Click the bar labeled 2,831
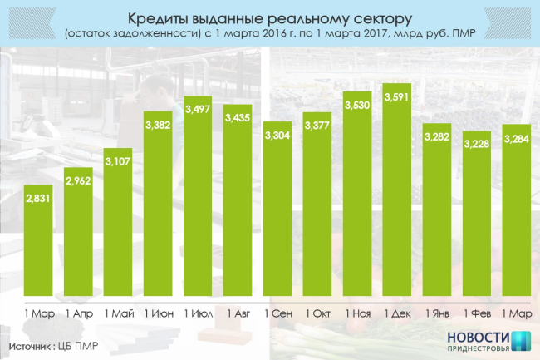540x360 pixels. pos(38,241)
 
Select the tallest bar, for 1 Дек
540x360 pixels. pos(397,191)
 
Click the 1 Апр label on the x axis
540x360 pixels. pos(77,313)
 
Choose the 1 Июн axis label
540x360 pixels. pos(157,313)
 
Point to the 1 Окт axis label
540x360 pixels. pos(317,313)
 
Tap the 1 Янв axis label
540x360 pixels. pos(437,313)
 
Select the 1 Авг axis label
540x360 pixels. pos(237,313)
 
